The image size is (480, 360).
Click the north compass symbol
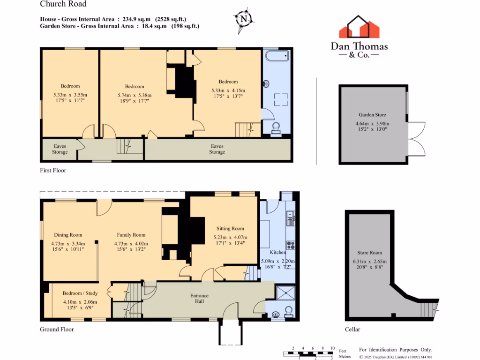point(243,19)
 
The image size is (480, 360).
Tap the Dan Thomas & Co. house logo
point(359,27)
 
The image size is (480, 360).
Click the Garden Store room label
point(372,114)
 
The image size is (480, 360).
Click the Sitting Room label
point(231,229)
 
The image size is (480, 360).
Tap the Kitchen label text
point(278,252)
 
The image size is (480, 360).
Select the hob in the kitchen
point(291,245)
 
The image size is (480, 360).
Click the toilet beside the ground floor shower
point(289,311)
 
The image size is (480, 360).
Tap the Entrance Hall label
point(199,299)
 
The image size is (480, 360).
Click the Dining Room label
point(68,235)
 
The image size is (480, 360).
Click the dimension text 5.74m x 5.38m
point(135,95)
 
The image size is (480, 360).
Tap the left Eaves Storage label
point(60,149)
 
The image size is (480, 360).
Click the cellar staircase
point(428,310)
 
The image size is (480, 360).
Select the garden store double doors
point(417,139)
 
